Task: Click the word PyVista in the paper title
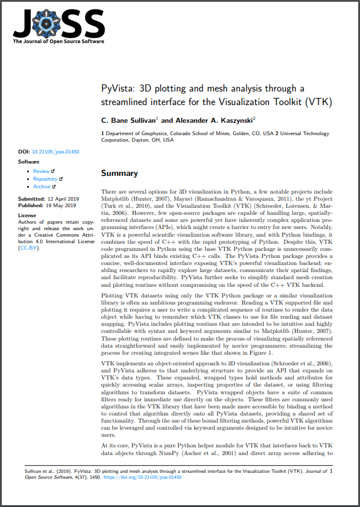click(x=117, y=89)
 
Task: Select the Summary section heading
click(x=119, y=173)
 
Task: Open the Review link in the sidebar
click(x=41, y=171)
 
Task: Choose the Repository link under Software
click(x=45, y=179)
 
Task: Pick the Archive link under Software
click(x=42, y=187)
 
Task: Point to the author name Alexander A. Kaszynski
click(x=207, y=120)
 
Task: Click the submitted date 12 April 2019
click(x=63, y=199)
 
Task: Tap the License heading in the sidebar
click(x=27, y=216)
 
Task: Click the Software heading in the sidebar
click(x=29, y=161)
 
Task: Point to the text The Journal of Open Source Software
click(x=58, y=41)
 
